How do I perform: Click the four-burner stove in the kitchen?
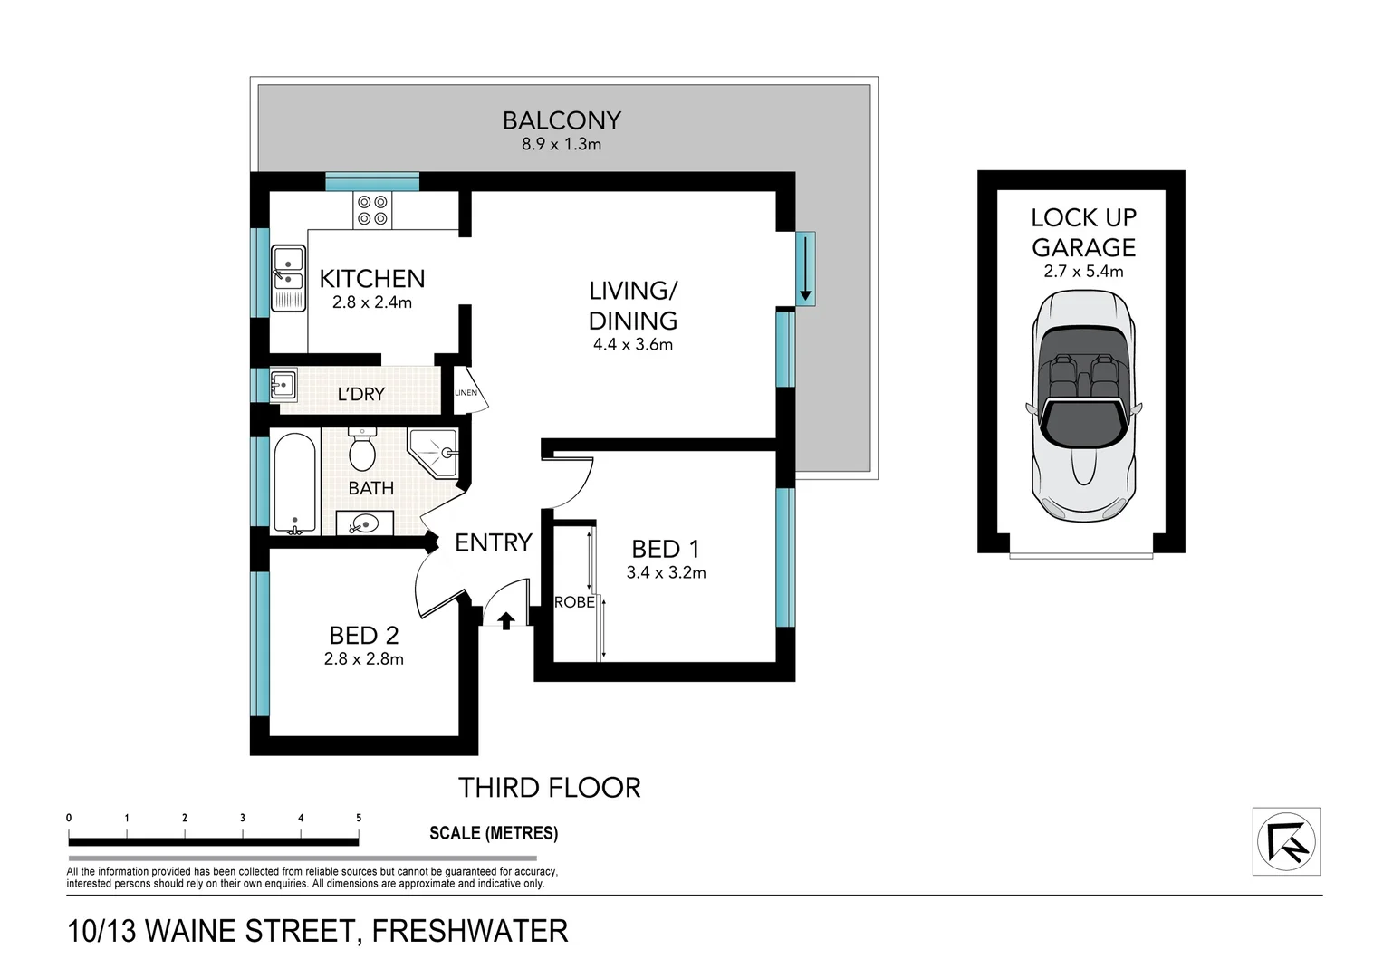coord(372,210)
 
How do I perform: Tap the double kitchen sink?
coord(288,278)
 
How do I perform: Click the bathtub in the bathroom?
coord(294,484)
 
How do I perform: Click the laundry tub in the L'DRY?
coord(283,385)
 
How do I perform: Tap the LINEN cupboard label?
coord(466,392)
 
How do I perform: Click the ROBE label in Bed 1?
coord(574,602)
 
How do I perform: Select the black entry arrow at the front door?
coord(506,620)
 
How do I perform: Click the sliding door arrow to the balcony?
coord(804,269)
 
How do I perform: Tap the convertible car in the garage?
coord(1082,406)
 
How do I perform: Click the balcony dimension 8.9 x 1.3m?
coord(562,144)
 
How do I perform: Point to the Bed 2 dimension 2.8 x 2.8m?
coord(364,659)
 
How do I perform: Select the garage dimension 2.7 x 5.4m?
coord(1083,271)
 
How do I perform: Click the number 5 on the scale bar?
coord(359,818)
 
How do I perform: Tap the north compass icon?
coord(1286,841)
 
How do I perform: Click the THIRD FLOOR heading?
coord(549,788)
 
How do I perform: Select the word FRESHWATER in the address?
coord(470,931)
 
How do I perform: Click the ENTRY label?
coord(493,542)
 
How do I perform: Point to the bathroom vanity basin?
coord(365,523)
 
